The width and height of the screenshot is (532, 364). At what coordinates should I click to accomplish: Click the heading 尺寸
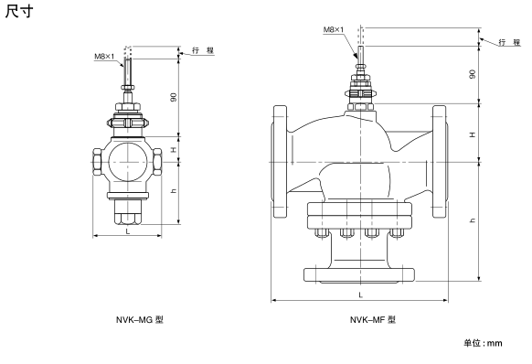(x=19, y=11)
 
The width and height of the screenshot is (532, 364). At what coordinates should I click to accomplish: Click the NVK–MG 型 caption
(x=140, y=319)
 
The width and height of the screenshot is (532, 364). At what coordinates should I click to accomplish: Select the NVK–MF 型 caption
(x=373, y=319)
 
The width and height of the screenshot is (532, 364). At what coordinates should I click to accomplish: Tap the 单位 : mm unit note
(x=483, y=343)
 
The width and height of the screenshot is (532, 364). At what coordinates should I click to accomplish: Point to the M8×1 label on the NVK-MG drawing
(x=104, y=57)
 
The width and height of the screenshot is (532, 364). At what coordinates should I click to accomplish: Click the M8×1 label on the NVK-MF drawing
(x=333, y=30)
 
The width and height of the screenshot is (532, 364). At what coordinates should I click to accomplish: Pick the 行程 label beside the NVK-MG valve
(x=203, y=50)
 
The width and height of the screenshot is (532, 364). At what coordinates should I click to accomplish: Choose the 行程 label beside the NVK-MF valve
(x=509, y=42)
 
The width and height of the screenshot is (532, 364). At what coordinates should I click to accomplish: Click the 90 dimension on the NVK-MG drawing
(x=174, y=97)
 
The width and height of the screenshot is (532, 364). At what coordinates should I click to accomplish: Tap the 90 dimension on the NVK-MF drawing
(x=473, y=74)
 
